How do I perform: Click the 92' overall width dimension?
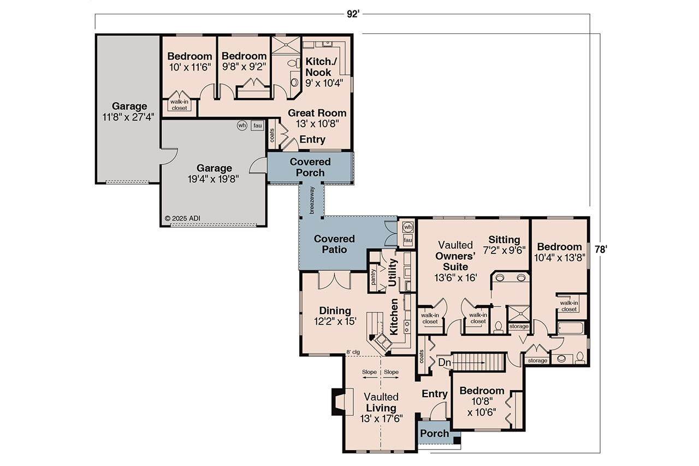point(352,14)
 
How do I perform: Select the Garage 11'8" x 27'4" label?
point(129,111)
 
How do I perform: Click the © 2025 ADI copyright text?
point(183,218)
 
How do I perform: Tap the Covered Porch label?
point(310,167)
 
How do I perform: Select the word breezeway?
point(312,199)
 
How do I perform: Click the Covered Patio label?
point(334,244)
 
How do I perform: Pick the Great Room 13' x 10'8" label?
point(317,118)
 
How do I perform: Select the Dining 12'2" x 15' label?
point(335,316)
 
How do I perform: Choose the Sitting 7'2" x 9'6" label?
point(506,245)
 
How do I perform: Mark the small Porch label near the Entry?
point(434,434)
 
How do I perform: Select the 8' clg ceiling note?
point(353,352)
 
